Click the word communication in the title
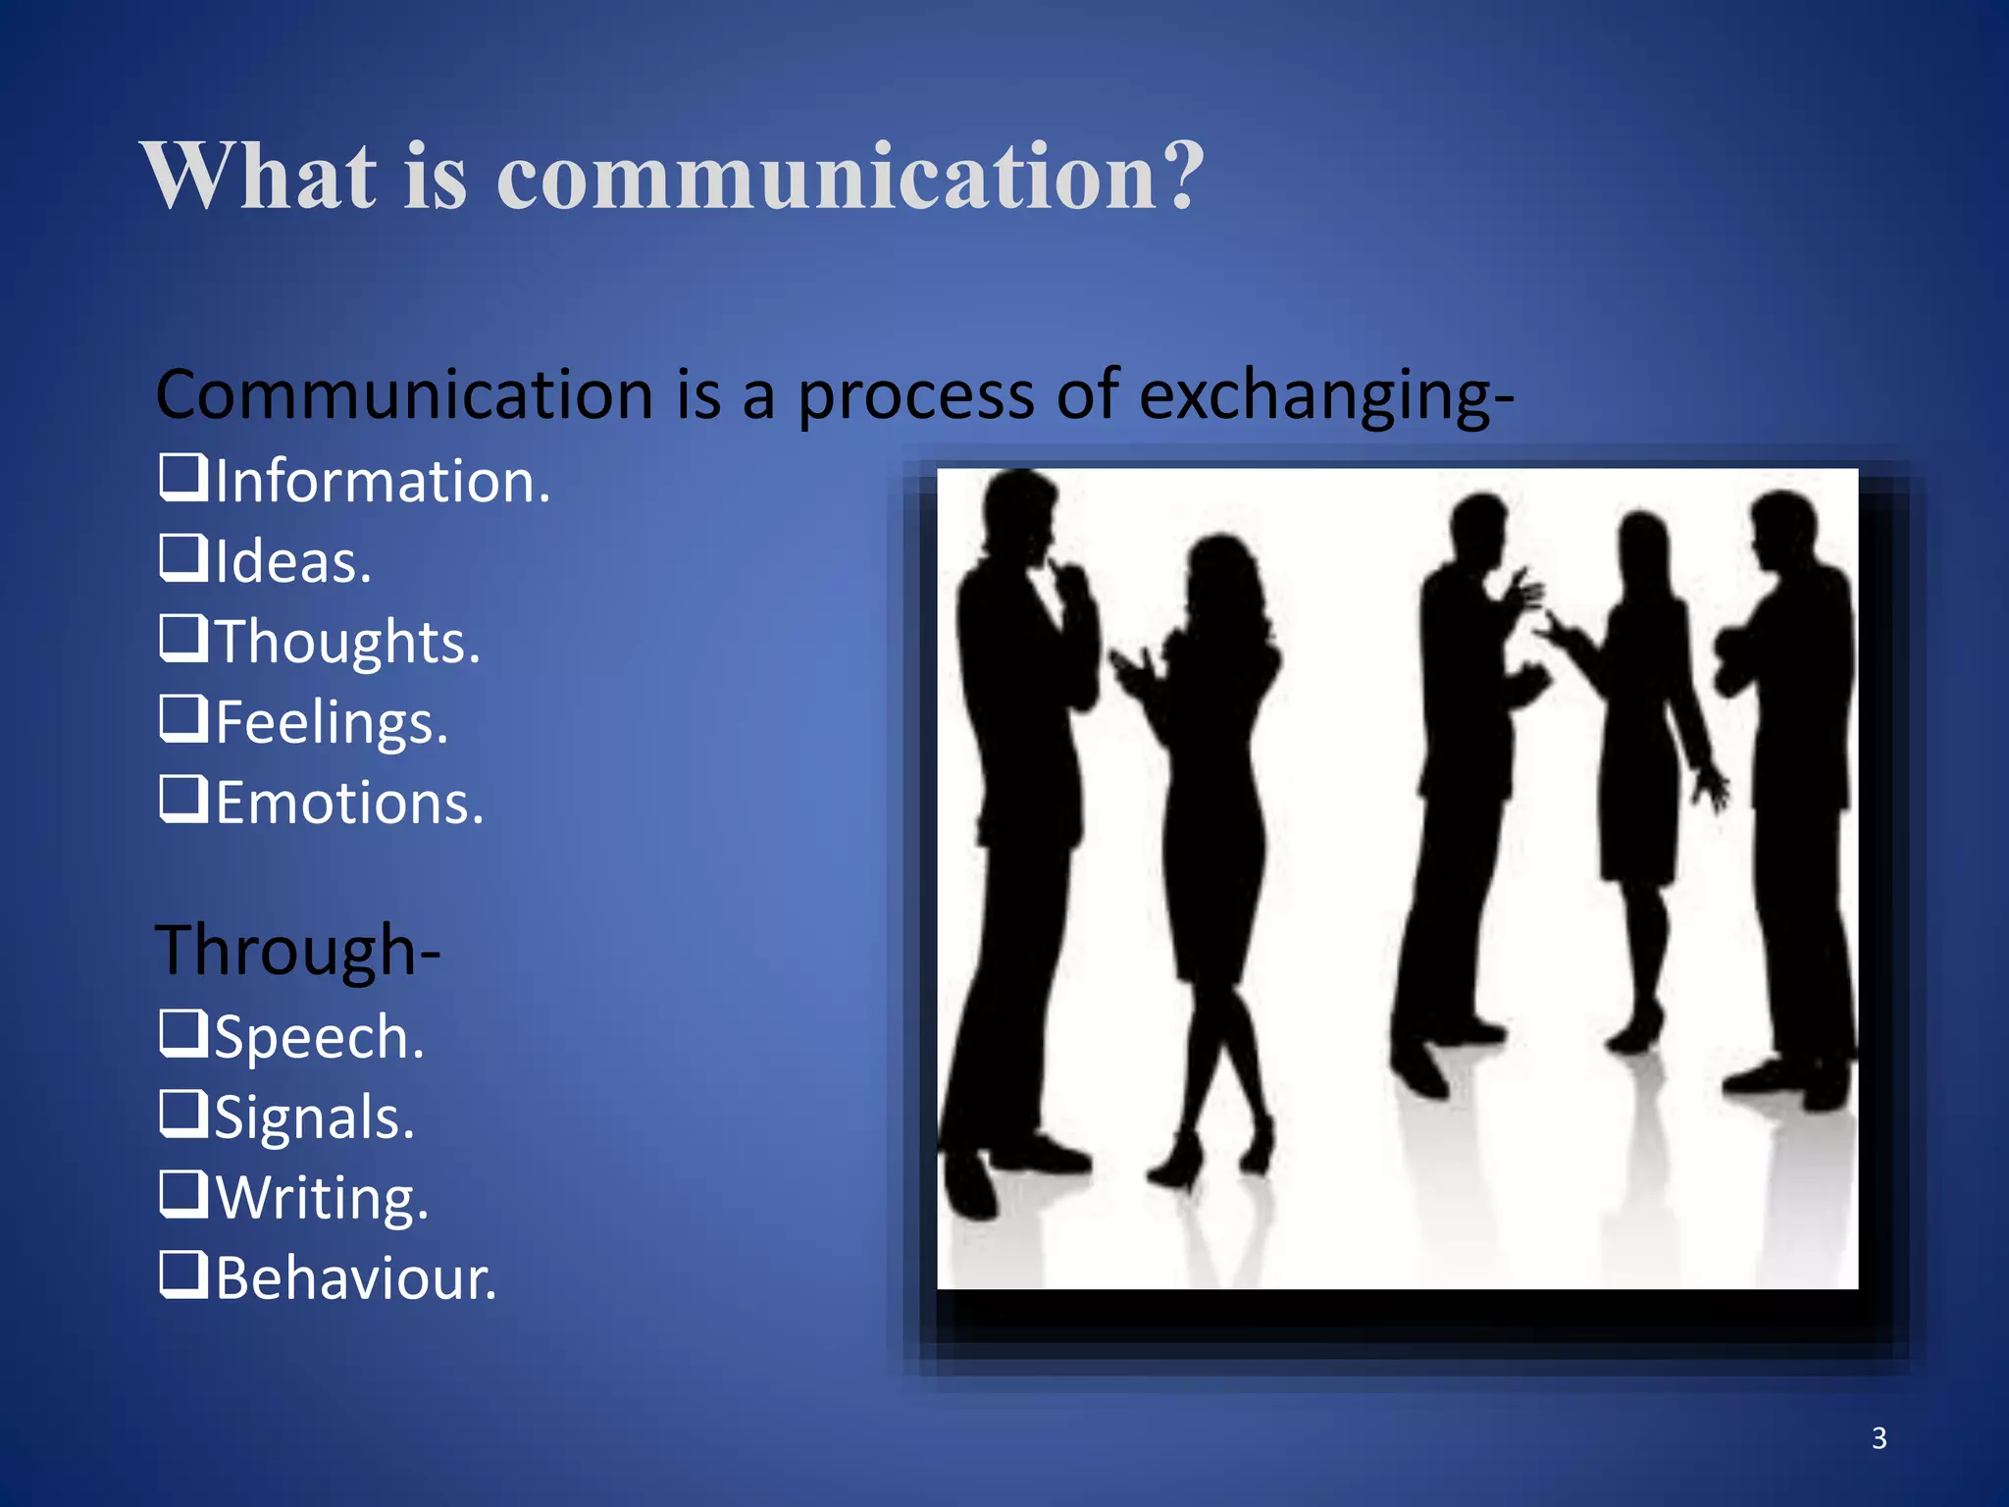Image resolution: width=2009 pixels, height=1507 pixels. pyautogui.click(x=829, y=177)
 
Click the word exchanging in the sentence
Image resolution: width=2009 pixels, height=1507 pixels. pyautogui.click(x=1314, y=396)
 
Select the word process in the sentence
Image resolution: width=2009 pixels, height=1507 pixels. pyautogui.click(x=914, y=398)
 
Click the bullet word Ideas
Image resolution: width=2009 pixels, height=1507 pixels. pyautogui.click(x=292, y=562)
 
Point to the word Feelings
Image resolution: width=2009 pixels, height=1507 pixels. pyautogui.click(x=332, y=723)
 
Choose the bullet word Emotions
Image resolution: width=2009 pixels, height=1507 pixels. pyautogui.click(x=349, y=804)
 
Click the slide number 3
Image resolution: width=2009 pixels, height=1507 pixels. pyautogui.click(x=1879, y=1438)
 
